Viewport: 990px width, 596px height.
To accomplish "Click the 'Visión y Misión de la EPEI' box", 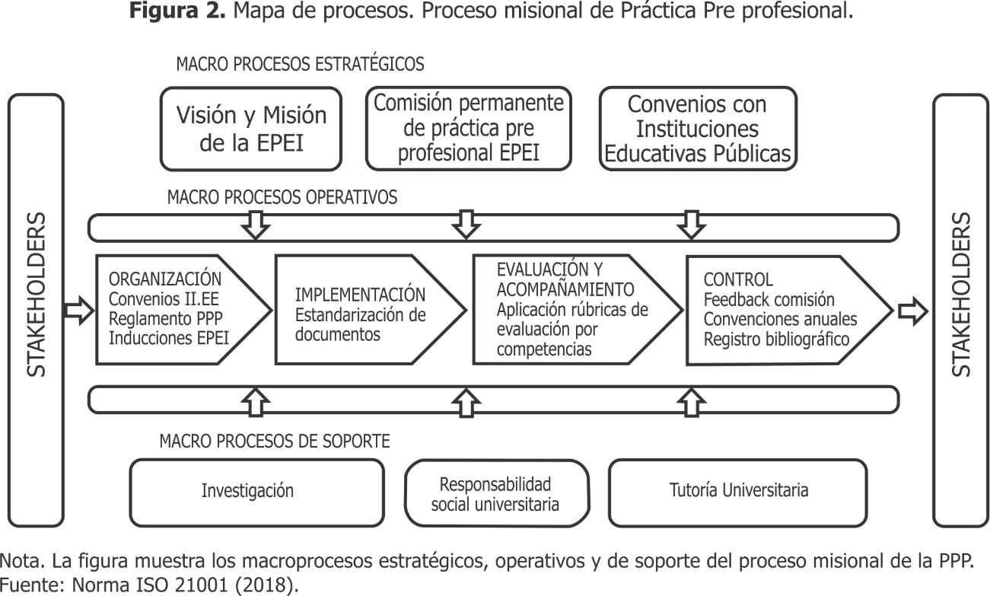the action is [x=251, y=129].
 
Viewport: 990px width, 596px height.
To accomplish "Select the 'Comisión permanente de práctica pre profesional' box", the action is [x=469, y=128].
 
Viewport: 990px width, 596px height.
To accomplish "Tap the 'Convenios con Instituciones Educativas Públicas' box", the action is [x=698, y=129].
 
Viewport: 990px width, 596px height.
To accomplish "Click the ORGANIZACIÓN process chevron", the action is [x=183, y=310].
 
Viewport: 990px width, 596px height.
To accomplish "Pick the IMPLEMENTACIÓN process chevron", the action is [x=371, y=310].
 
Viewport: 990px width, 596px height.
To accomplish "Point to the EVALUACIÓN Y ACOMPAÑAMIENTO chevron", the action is [x=578, y=310].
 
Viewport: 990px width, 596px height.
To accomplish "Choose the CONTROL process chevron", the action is [x=789, y=311].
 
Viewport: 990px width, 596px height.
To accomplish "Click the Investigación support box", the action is [x=256, y=493].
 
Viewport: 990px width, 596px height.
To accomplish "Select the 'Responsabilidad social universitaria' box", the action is [x=497, y=493].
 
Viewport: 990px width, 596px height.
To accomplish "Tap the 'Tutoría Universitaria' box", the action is [x=737, y=493].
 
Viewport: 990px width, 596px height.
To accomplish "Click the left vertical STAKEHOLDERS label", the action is [x=37, y=295].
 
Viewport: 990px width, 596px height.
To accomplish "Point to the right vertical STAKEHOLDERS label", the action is [x=960, y=295].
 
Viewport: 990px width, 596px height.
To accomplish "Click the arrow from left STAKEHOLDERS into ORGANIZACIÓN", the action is [x=78, y=311].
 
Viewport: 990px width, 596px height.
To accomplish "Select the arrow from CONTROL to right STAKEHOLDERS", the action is [x=913, y=311].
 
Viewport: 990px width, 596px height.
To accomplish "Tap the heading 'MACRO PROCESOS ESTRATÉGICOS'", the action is [x=300, y=65].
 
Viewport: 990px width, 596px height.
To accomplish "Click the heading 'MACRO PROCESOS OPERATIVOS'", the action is [x=282, y=197].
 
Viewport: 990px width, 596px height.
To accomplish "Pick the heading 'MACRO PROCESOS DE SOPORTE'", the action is [x=275, y=441].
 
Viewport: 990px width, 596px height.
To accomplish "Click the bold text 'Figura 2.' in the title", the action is [x=177, y=11].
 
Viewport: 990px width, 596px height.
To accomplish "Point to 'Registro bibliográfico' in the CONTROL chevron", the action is [x=776, y=339].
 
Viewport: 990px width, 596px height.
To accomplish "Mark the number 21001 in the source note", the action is [x=201, y=585].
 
